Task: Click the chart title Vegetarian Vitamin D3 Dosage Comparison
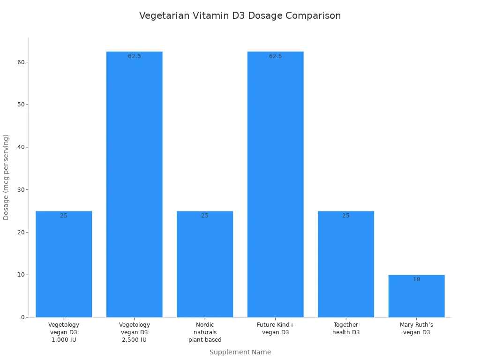point(240,15)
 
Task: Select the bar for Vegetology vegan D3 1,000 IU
point(64,265)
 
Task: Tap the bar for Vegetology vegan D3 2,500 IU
point(135,187)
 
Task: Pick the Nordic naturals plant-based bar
point(205,265)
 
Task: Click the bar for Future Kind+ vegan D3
point(276,187)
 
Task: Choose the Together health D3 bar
point(346,265)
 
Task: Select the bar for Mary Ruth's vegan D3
point(417,298)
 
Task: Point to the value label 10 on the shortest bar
point(417,279)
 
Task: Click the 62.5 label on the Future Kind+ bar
point(276,56)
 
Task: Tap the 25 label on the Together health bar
point(346,216)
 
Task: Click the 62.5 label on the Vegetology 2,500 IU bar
point(135,56)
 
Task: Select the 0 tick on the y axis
point(22,317)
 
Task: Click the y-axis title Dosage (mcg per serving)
point(6,177)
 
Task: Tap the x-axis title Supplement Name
point(240,352)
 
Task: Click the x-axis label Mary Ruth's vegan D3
point(417,329)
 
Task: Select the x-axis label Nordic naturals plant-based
point(205,332)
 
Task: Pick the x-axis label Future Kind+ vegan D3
point(276,329)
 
